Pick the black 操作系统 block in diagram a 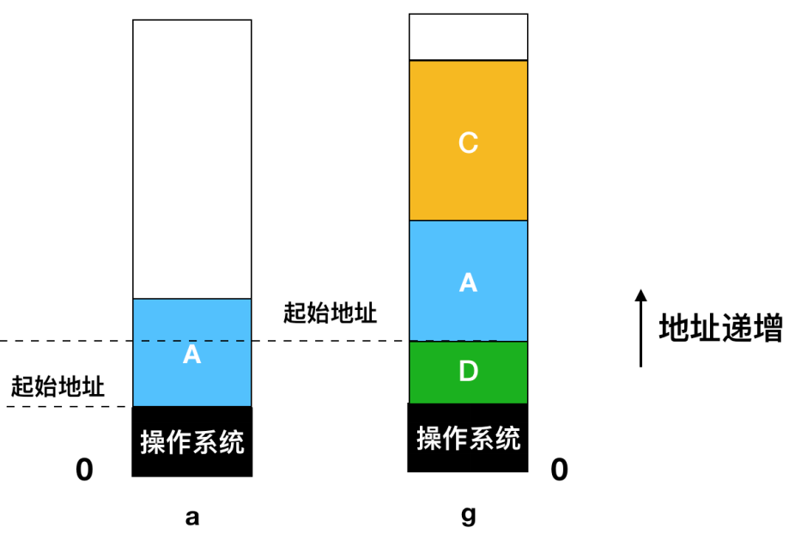(192, 441)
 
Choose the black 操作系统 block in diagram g (468, 438)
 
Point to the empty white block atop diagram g (468, 37)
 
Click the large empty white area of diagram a (192, 159)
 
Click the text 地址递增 (720, 329)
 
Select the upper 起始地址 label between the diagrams (330, 312)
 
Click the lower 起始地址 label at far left (58, 386)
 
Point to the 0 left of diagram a (84, 470)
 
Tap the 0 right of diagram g (559, 470)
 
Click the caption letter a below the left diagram (192, 517)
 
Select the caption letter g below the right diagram (468, 516)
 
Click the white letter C (468, 143)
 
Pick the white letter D (468, 372)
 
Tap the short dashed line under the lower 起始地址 (64, 406)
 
